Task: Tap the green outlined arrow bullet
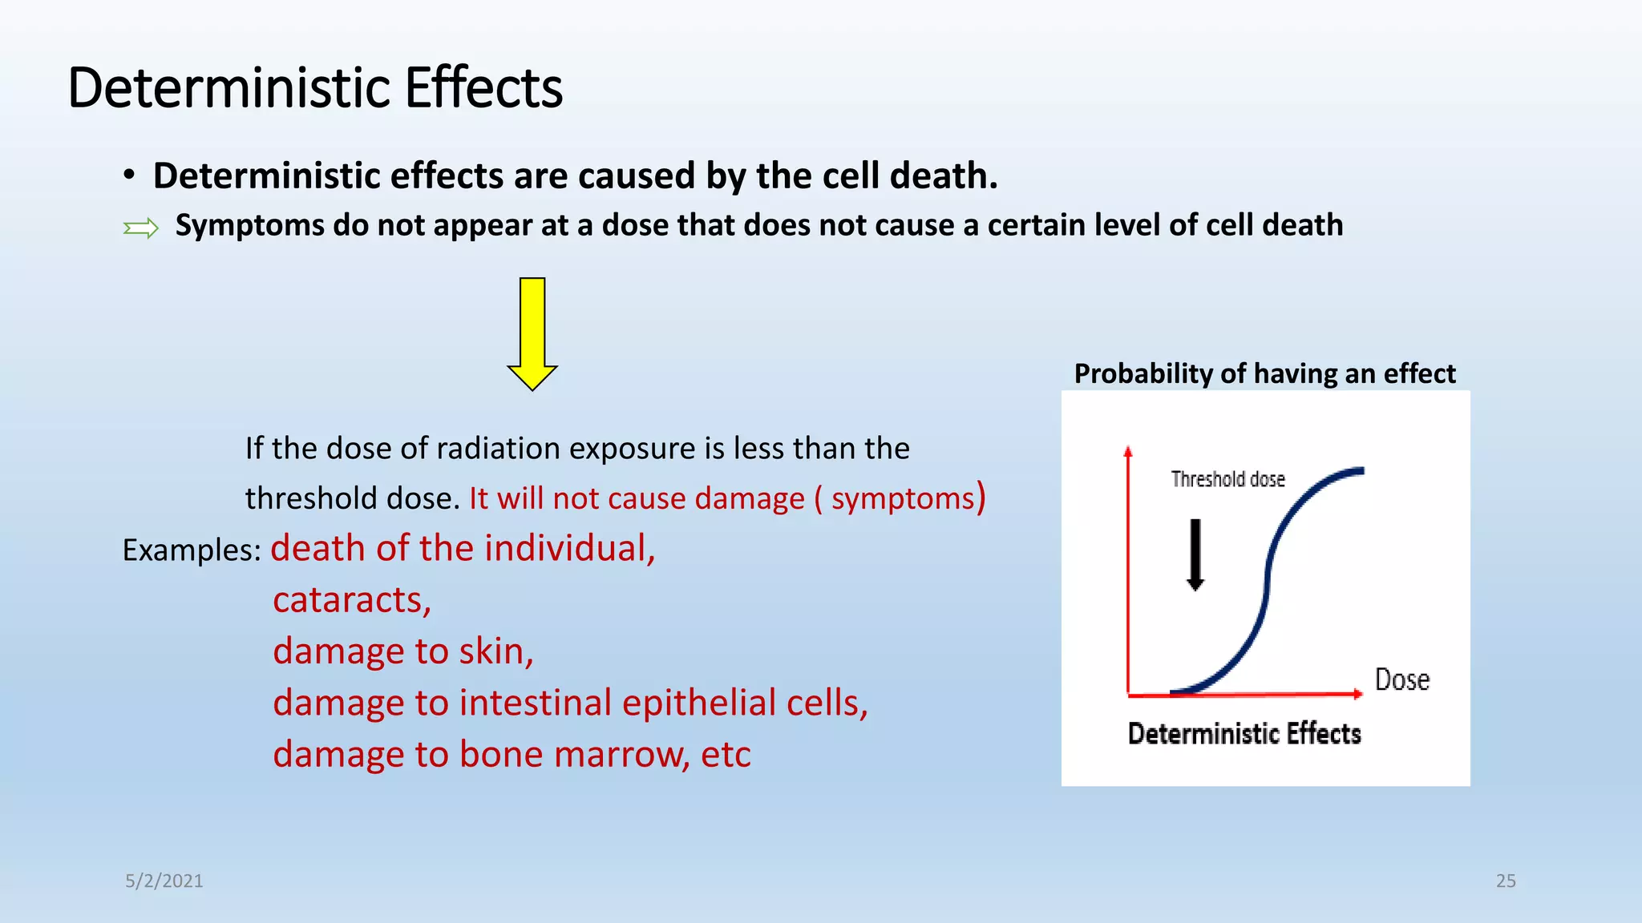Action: point(141,229)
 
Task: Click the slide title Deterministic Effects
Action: point(315,87)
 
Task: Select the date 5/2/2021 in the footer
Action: point(164,881)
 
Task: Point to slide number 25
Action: point(1506,881)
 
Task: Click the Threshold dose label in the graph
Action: point(1227,479)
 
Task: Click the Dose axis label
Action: point(1402,679)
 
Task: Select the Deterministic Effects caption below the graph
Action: point(1244,733)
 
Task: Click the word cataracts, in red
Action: point(352,599)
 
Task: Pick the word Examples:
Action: point(192,550)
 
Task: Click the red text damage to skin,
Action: point(402,651)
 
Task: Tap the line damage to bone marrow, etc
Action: point(512,754)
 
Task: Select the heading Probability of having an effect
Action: point(1264,373)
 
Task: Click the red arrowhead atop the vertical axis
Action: point(1128,451)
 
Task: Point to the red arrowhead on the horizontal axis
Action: point(1357,694)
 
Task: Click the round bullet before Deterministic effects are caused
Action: point(129,175)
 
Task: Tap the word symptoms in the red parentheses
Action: point(902,498)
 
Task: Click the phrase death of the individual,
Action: point(463,549)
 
